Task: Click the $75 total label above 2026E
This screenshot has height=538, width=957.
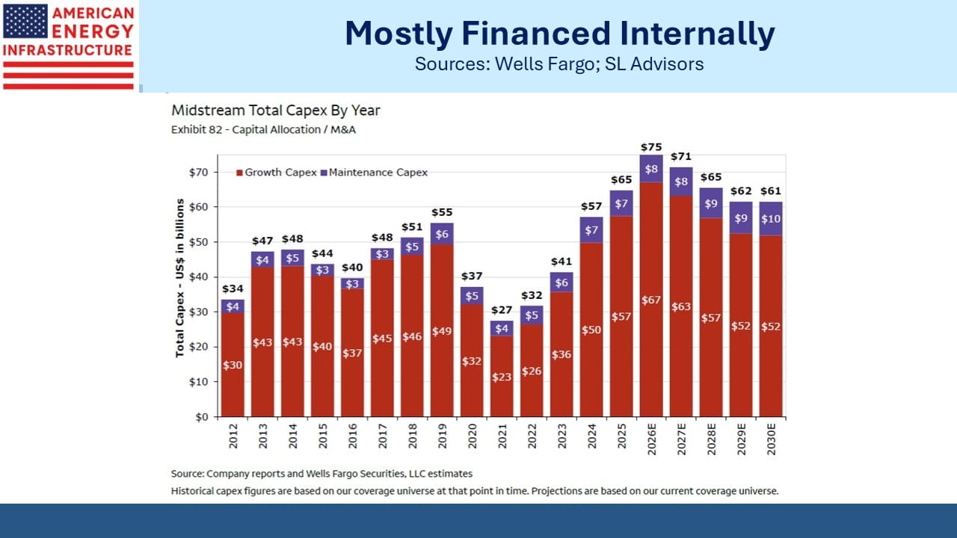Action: point(651,147)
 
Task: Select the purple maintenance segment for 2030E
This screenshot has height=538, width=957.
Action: point(771,219)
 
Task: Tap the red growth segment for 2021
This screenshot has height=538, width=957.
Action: point(502,376)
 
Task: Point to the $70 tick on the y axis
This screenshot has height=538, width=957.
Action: point(198,173)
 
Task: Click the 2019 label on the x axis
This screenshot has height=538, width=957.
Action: point(442,436)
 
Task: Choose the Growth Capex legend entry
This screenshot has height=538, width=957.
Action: point(277,173)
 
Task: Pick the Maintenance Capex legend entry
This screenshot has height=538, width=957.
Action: point(374,173)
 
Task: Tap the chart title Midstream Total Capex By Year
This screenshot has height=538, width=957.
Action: point(276,111)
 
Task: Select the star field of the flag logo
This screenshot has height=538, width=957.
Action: point(25,22)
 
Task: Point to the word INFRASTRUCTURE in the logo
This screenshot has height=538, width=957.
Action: point(67,50)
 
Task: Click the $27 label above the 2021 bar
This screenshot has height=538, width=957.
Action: point(502,310)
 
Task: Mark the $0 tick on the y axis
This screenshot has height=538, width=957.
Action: point(202,417)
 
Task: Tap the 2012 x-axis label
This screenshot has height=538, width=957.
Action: point(233,436)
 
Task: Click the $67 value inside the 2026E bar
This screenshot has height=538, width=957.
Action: point(651,300)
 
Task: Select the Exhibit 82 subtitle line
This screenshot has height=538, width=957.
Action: point(263,130)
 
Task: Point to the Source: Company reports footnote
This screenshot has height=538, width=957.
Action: point(321,474)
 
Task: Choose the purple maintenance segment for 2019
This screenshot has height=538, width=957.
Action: point(442,234)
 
